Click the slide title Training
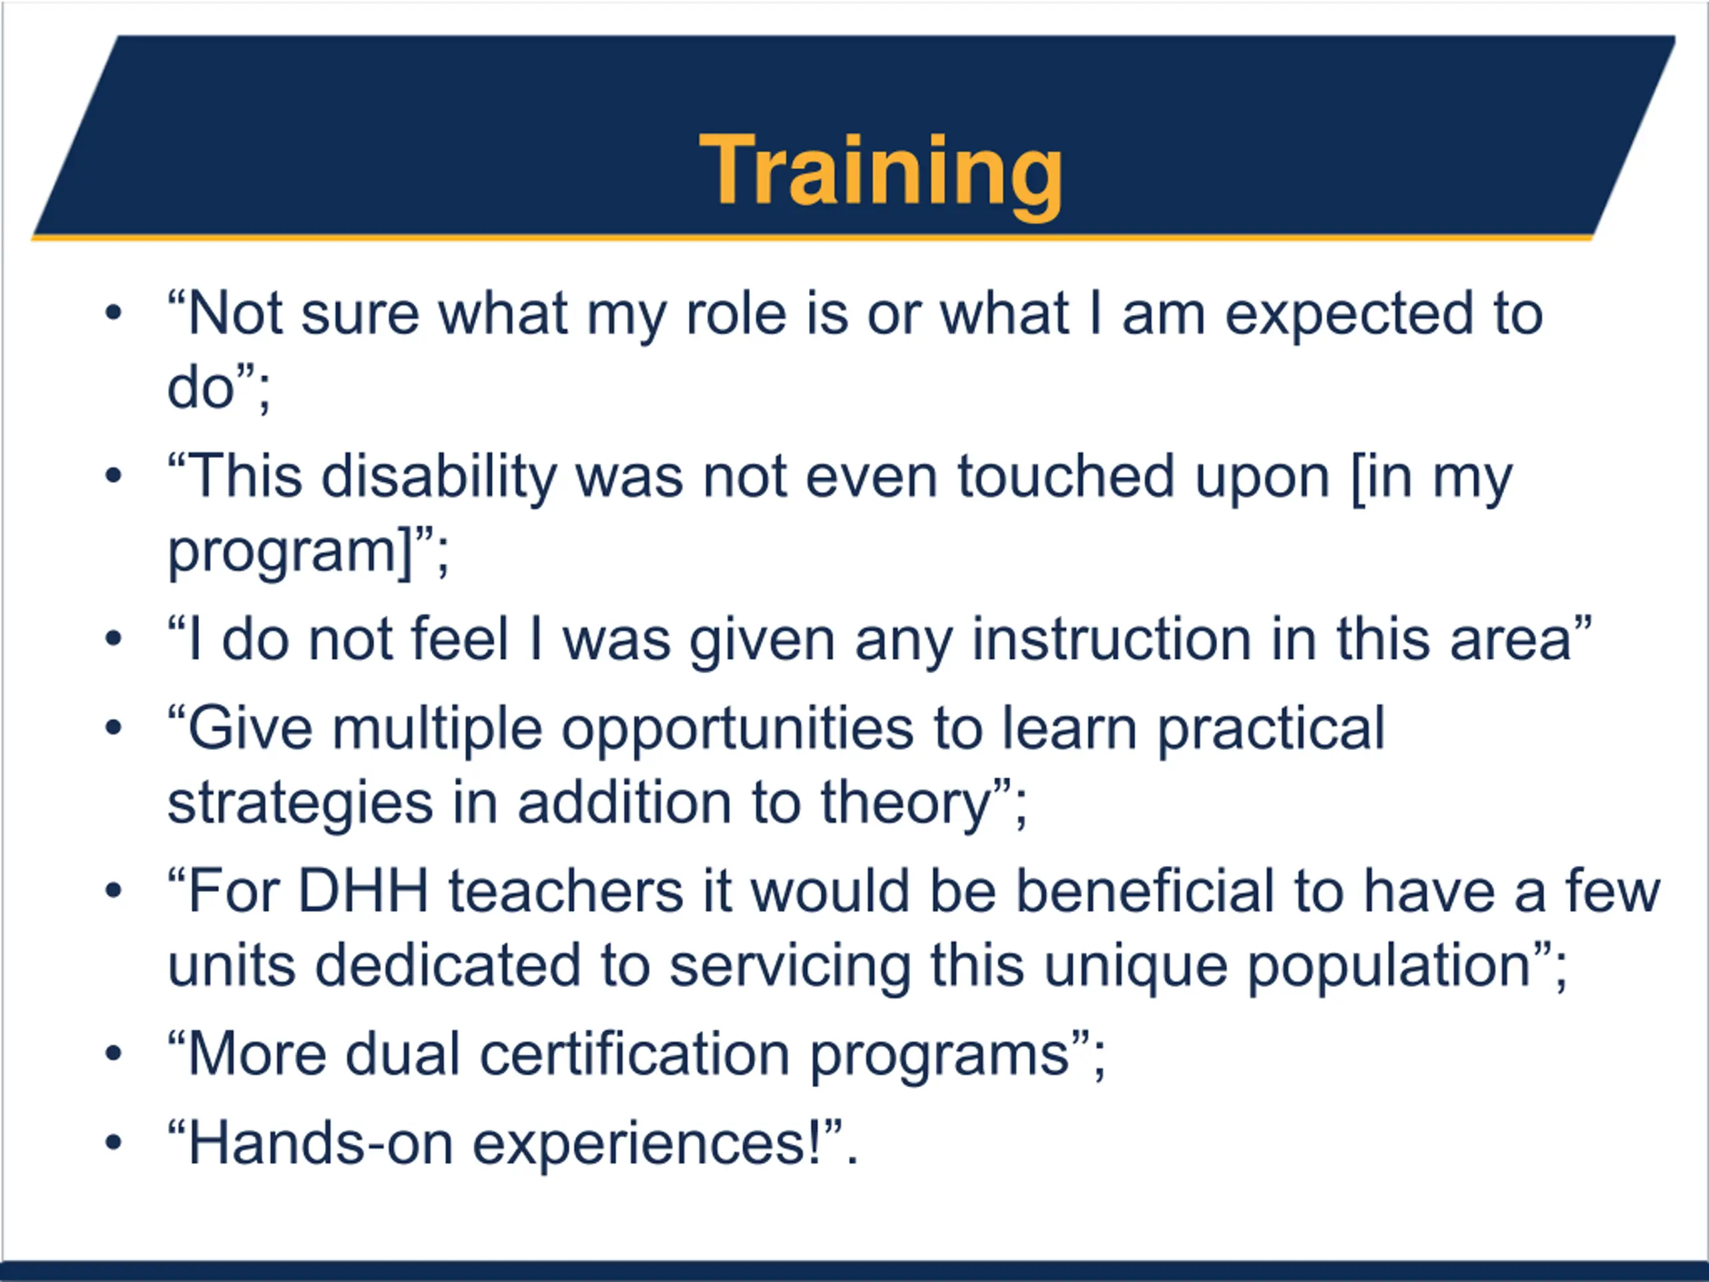[x=882, y=172]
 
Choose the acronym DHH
[x=363, y=891]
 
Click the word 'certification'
[x=635, y=1054]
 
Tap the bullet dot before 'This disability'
[x=113, y=475]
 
